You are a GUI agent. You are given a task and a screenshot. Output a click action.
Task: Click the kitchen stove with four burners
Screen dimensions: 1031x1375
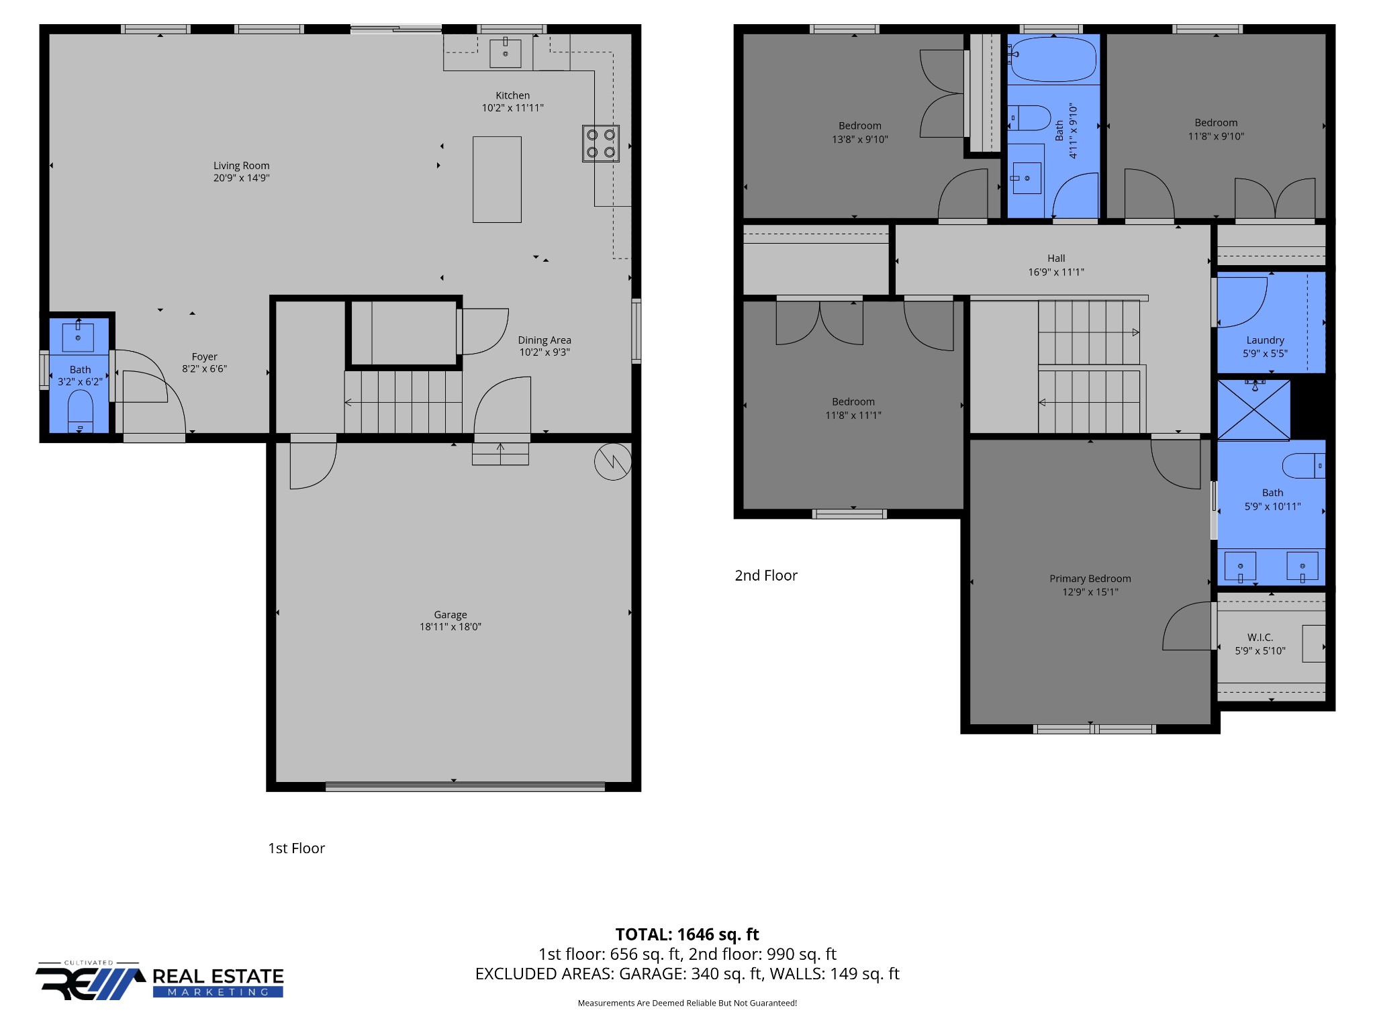600,144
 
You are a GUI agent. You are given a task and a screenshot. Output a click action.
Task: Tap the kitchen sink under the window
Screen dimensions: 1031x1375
505,53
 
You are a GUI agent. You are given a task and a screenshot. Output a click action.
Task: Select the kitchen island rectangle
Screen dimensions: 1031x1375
497,179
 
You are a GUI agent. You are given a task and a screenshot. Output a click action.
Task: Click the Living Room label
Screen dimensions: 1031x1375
241,166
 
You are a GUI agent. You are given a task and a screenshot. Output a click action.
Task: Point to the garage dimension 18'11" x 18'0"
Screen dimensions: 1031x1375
450,627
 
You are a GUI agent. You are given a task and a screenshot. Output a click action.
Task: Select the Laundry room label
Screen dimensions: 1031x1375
1265,340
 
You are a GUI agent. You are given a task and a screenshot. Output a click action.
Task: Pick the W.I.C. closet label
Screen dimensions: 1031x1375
1260,637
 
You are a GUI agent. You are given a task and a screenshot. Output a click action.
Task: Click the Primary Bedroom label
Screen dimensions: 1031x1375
1090,579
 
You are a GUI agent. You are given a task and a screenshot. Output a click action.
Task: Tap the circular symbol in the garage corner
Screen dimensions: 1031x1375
612,462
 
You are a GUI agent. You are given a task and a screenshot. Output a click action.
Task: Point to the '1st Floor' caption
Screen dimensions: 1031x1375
296,848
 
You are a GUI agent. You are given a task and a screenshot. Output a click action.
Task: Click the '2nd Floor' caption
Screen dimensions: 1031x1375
765,575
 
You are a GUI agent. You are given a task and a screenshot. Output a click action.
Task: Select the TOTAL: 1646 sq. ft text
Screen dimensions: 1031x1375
687,934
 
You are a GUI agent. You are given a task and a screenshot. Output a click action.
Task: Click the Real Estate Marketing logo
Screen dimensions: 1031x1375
160,981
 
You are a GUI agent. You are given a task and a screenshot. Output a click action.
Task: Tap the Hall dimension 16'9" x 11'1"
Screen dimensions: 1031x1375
1055,272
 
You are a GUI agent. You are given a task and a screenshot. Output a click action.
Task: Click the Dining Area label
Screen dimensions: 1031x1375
544,340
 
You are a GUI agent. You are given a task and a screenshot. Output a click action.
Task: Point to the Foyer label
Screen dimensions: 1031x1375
204,357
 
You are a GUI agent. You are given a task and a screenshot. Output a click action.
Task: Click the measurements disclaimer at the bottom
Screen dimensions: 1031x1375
687,1003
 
